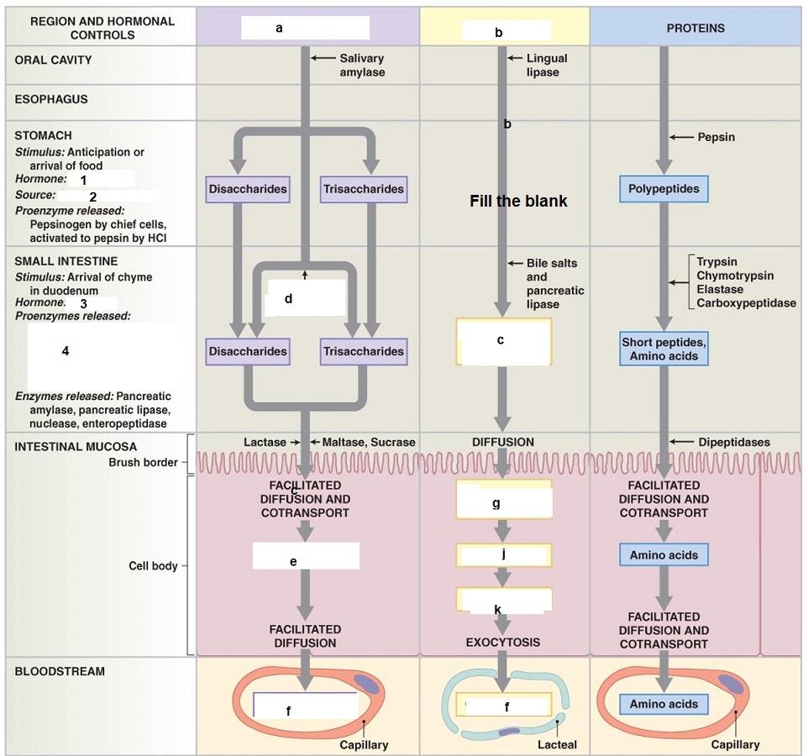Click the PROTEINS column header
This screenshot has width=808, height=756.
pyautogui.click(x=695, y=29)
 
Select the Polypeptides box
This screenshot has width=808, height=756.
pyautogui.click(x=664, y=189)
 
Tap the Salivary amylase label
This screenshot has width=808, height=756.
pyautogui.click(x=362, y=66)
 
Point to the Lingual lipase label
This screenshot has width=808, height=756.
pyautogui.click(x=547, y=66)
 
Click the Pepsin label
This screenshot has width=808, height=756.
pyautogui.click(x=716, y=137)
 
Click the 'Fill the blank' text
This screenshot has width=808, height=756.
pyautogui.click(x=518, y=202)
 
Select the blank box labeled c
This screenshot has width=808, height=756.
pyautogui.click(x=503, y=341)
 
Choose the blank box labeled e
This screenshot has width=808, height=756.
pyautogui.click(x=306, y=556)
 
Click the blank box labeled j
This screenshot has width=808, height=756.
pyautogui.click(x=503, y=555)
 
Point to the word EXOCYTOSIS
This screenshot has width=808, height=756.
pyautogui.click(x=503, y=643)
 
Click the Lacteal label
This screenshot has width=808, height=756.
pyautogui.click(x=557, y=744)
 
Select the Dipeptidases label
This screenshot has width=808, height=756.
pyautogui.click(x=733, y=442)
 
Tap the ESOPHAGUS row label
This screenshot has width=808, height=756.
pyautogui.click(x=51, y=99)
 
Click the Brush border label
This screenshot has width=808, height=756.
pyautogui.click(x=144, y=462)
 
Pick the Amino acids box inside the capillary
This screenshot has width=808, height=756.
pyautogui.click(x=664, y=704)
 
